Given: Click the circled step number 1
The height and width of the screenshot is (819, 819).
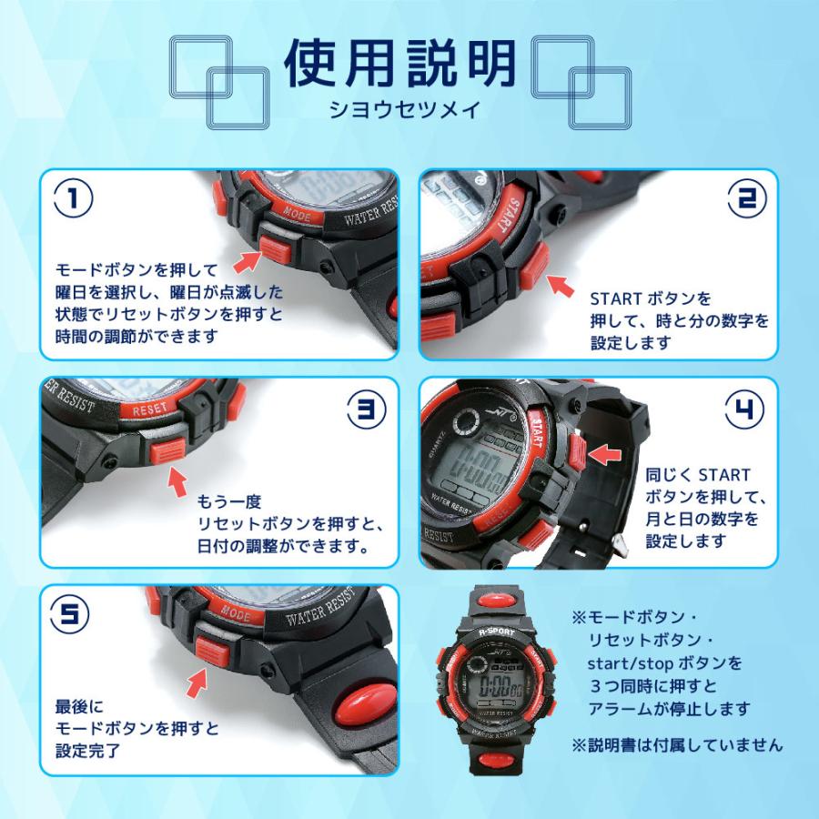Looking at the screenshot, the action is (x=73, y=199).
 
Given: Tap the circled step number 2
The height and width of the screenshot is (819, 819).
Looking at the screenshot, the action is (x=748, y=198).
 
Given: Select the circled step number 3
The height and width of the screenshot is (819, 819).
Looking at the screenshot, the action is (x=368, y=408).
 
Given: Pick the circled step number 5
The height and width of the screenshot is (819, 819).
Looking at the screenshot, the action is (x=69, y=613).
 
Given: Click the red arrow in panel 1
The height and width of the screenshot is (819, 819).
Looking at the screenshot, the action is (x=247, y=260).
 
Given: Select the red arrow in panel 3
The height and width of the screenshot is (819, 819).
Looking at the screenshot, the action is (x=177, y=481).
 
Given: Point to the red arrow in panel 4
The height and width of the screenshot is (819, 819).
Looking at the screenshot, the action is (x=605, y=454).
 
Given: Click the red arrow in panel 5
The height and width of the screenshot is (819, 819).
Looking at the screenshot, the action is (x=197, y=682).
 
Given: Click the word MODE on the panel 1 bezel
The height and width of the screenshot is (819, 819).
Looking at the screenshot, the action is (x=296, y=214).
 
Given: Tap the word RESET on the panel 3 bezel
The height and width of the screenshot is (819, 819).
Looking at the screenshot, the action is (x=150, y=409).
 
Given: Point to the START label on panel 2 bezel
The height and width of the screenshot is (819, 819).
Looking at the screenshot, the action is (x=506, y=215).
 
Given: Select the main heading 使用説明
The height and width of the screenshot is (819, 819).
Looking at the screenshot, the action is (x=400, y=63).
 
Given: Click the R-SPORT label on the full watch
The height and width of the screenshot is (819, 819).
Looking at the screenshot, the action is (x=497, y=632).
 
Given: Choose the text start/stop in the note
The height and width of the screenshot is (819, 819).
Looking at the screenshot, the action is (x=629, y=663).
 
